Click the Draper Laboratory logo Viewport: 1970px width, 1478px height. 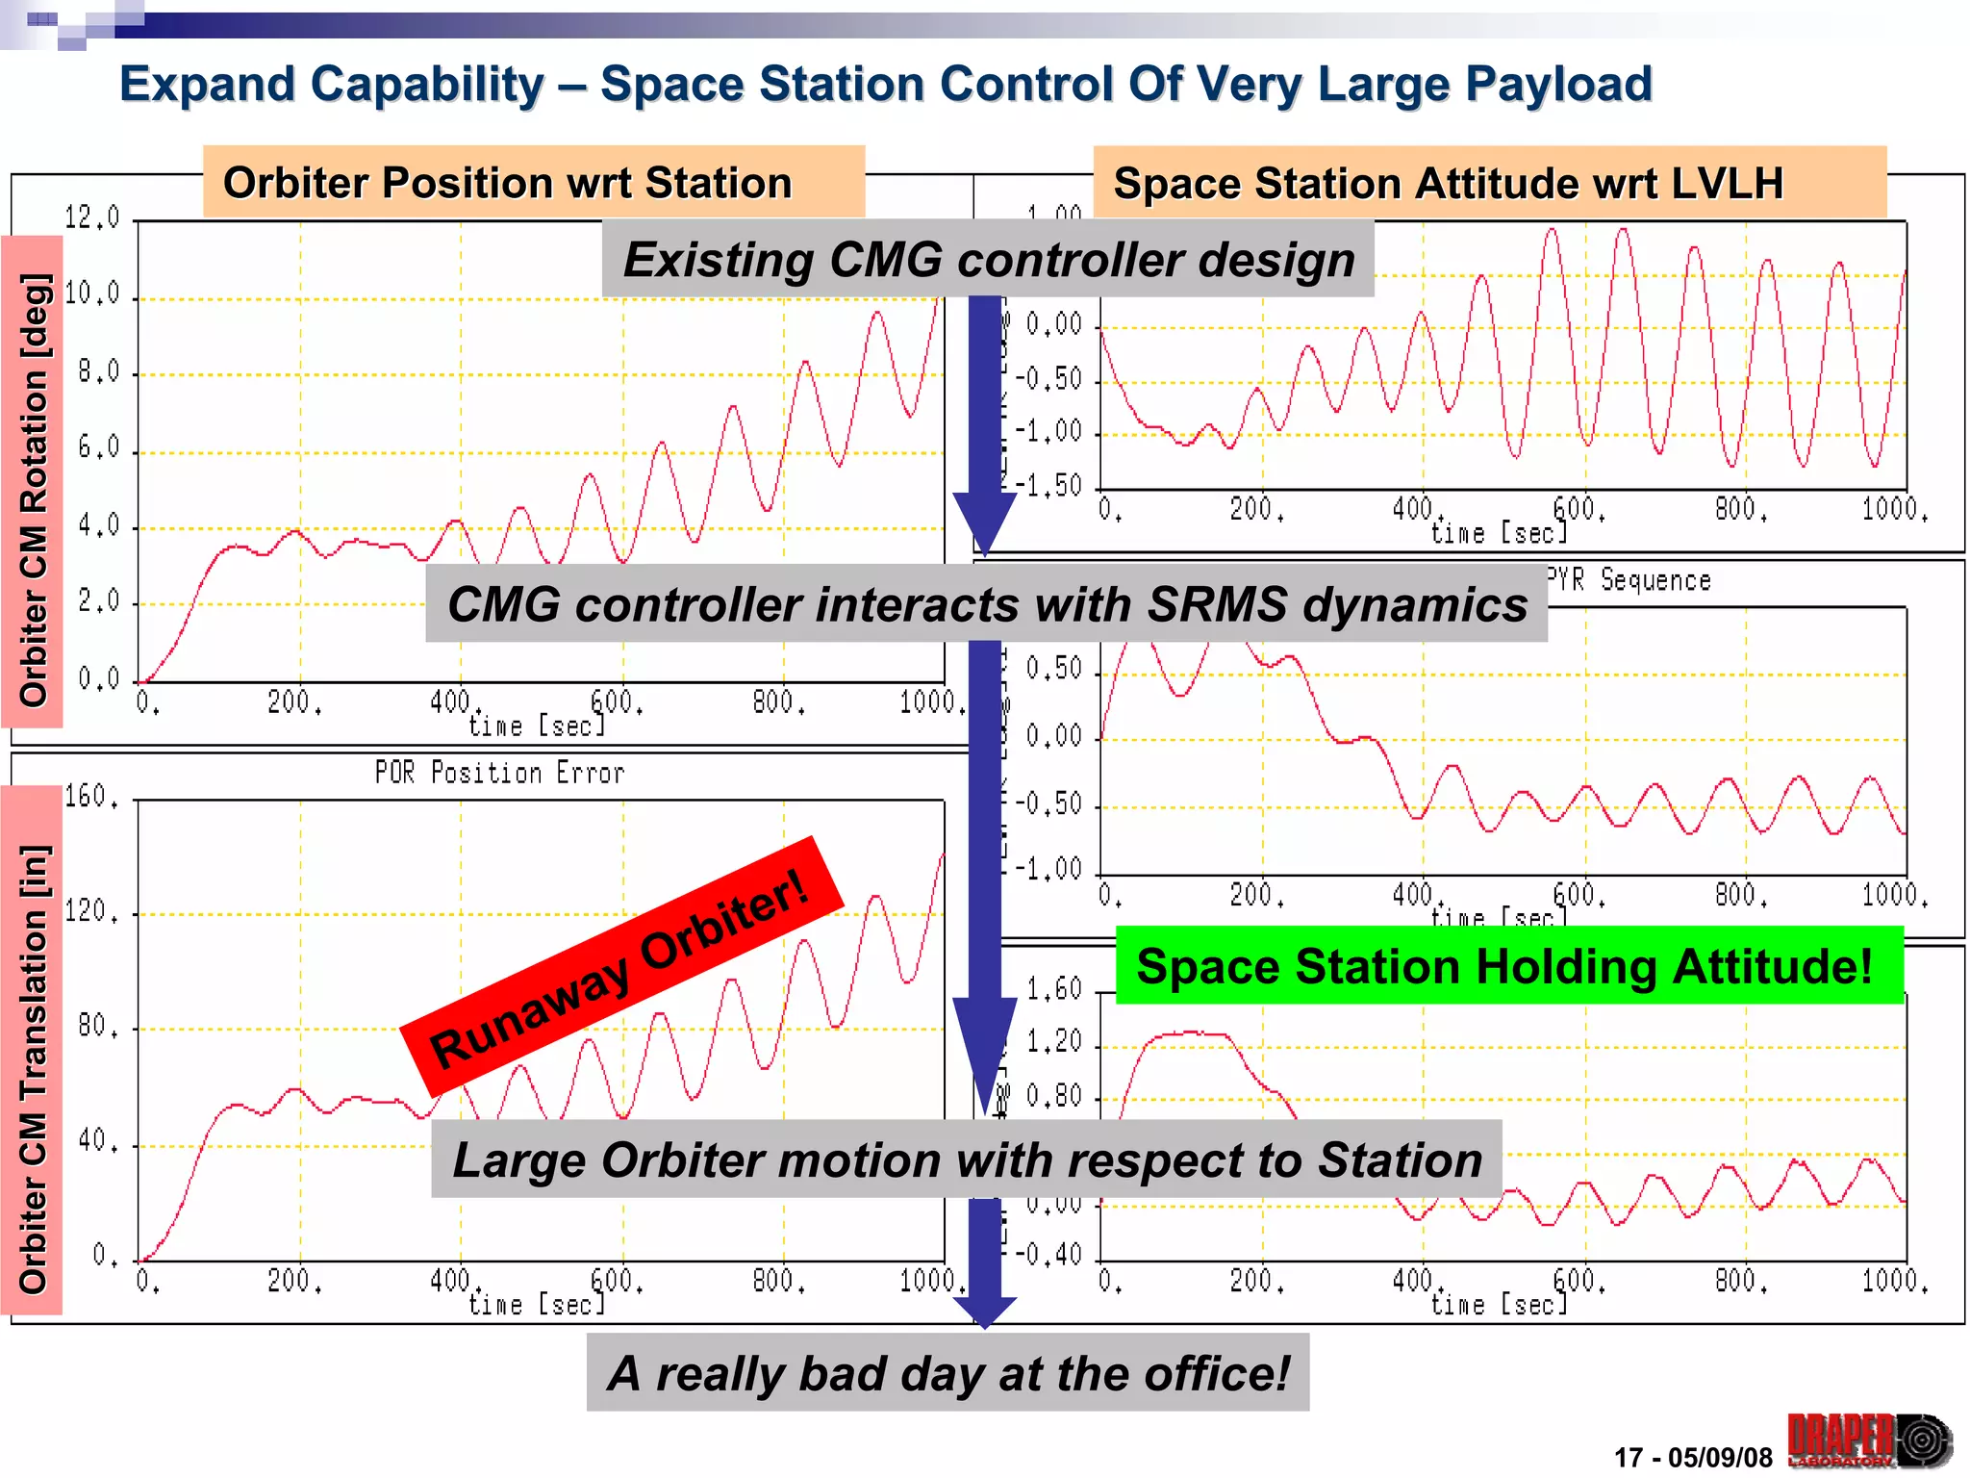click(x=1869, y=1440)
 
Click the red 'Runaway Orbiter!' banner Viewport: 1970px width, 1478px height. click(x=621, y=965)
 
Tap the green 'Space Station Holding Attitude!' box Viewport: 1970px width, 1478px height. click(x=1507, y=966)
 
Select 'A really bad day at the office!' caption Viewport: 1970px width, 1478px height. click(x=947, y=1372)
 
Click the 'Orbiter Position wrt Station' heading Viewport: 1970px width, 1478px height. click(x=508, y=182)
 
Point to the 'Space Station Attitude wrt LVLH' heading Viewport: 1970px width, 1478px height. click(x=1448, y=183)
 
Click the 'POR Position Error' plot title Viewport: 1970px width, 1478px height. click(x=499, y=773)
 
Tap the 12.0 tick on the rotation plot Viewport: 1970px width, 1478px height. click(x=92, y=217)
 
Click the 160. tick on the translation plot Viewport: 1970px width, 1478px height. click(x=92, y=796)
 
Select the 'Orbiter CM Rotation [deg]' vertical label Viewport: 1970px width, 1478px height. click(x=33, y=491)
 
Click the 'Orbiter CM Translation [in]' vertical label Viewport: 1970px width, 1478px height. click(x=33, y=1068)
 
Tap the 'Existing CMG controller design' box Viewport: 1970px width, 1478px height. click(x=988, y=260)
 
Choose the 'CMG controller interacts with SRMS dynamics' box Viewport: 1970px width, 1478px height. click(x=987, y=604)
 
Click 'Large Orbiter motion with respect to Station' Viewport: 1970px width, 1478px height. click(x=967, y=1159)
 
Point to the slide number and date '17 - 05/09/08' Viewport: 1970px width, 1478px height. click(x=1692, y=1457)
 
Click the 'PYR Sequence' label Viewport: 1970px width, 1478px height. click(x=1629, y=580)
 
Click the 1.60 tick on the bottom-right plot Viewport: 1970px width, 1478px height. click(x=1053, y=988)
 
